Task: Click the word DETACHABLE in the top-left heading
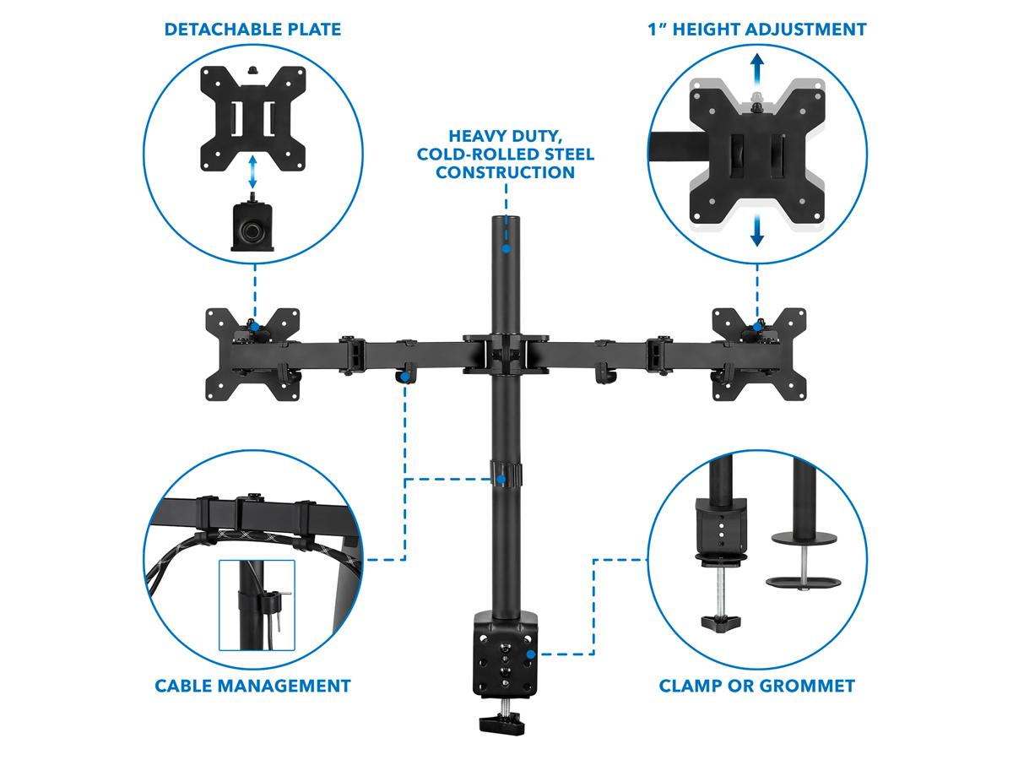pos(223,30)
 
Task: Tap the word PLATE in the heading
pos(314,30)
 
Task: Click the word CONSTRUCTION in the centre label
pos(506,172)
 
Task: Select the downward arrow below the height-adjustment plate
pos(757,231)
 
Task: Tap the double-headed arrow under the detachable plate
pos(252,171)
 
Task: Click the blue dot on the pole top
pos(506,249)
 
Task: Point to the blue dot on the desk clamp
pos(531,654)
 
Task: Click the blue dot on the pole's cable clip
pos(501,480)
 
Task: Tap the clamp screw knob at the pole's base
pos(502,724)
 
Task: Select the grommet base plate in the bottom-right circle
pos(803,583)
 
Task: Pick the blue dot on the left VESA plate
pos(255,327)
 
